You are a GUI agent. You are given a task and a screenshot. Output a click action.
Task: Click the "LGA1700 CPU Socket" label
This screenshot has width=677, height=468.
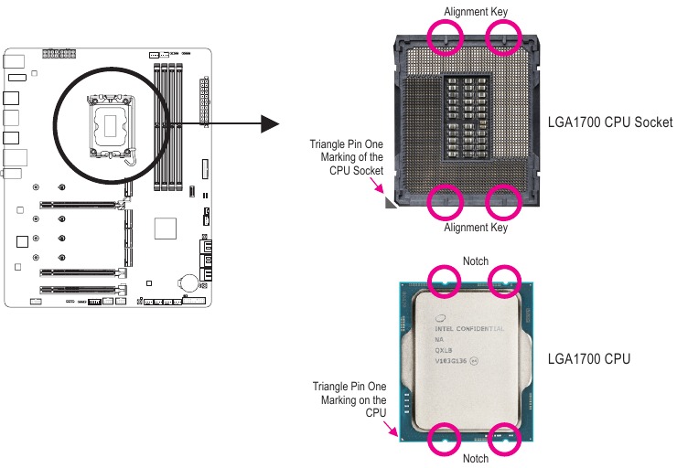(609, 122)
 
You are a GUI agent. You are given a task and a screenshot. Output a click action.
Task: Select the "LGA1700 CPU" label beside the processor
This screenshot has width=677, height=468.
(588, 359)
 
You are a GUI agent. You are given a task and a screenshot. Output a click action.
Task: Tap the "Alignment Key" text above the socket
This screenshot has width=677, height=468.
(475, 11)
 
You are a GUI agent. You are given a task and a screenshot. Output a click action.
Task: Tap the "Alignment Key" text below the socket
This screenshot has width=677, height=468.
(475, 228)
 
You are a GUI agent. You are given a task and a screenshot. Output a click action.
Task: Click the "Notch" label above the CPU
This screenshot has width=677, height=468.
(475, 261)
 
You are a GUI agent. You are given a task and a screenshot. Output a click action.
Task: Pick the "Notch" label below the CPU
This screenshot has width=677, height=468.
(475, 458)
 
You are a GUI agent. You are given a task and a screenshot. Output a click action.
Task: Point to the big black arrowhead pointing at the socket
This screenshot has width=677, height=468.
(266, 123)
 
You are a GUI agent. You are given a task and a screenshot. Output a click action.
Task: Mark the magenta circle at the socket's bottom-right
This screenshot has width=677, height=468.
(502, 200)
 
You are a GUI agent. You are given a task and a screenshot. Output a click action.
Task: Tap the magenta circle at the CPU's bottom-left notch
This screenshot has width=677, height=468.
(446, 439)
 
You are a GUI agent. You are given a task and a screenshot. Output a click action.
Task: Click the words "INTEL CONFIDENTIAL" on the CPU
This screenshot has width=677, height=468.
(469, 328)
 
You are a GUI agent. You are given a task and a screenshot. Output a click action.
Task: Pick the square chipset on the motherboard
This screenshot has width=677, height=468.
(165, 228)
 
